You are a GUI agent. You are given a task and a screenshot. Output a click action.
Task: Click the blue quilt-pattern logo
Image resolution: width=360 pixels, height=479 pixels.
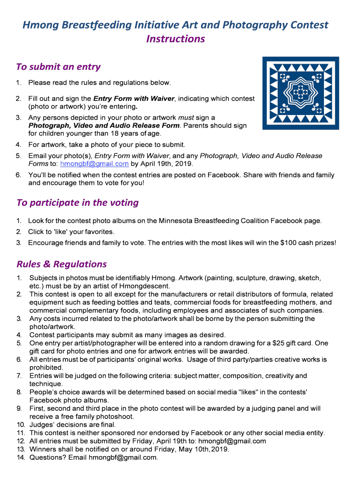(300, 93)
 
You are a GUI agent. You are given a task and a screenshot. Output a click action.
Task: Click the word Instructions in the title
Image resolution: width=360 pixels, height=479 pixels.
(175, 39)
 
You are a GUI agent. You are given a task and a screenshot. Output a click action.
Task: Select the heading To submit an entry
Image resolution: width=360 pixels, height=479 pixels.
(58, 67)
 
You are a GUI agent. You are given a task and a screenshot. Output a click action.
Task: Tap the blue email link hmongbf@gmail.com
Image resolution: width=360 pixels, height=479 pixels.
(94, 164)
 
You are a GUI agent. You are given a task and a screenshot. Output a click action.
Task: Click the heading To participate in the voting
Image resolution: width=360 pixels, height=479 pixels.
(77, 203)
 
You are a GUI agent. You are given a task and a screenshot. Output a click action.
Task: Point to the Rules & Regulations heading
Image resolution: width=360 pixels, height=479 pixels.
(61, 264)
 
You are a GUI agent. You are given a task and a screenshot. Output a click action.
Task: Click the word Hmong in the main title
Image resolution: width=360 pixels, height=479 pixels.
(39, 25)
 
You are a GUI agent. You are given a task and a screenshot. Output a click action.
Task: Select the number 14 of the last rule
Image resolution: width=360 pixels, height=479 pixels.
(20, 457)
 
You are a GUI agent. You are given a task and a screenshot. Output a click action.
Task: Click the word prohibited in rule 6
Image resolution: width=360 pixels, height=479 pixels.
(46, 368)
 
